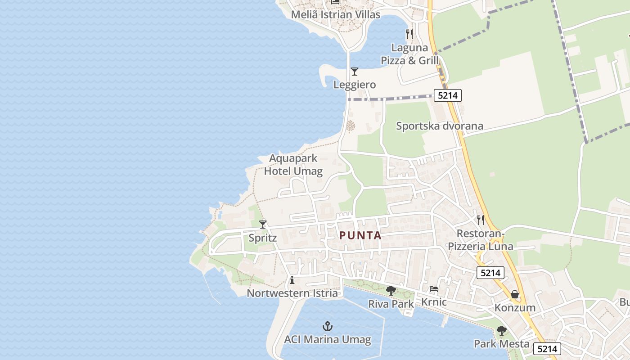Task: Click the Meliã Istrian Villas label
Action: (x=335, y=14)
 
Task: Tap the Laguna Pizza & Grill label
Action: (x=409, y=54)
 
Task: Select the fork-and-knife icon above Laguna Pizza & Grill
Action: (x=409, y=34)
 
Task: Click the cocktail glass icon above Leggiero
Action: (x=355, y=71)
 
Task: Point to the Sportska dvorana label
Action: (x=440, y=126)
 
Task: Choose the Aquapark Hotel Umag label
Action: (x=293, y=165)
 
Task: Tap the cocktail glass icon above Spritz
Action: (x=263, y=224)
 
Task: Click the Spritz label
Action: (x=263, y=238)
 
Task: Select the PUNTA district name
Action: (x=360, y=235)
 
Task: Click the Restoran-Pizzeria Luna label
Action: (x=480, y=240)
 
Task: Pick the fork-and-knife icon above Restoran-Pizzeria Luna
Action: (x=481, y=220)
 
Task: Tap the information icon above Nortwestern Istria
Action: (x=292, y=280)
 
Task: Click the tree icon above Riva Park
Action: (x=391, y=291)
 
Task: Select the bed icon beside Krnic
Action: (x=434, y=289)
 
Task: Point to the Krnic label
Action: (x=434, y=302)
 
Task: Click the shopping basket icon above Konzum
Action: (x=515, y=294)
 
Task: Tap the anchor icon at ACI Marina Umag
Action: (x=328, y=326)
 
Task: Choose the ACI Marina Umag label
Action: (x=328, y=339)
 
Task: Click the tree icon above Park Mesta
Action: (x=501, y=331)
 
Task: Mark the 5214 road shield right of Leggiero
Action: (x=448, y=95)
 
